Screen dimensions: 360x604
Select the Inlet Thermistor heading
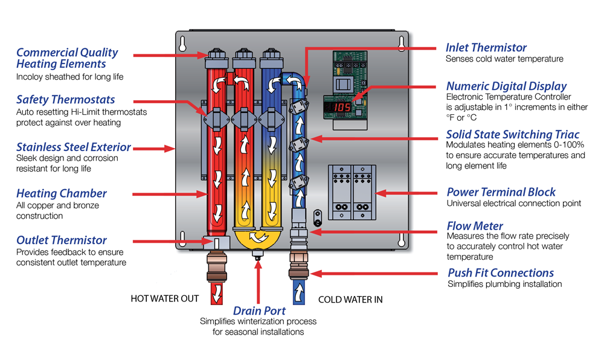[486, 48]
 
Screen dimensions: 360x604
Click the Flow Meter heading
[475, 226]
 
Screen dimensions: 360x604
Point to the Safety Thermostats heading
[65, 99]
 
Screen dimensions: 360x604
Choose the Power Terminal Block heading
[501, 192]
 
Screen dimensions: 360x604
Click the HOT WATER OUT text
[164, 298]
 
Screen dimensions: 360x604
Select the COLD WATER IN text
[350, 299]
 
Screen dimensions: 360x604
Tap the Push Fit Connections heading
[500, 272]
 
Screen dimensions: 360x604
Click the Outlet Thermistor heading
[62, 240]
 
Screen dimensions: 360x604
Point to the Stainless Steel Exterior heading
[74, 147]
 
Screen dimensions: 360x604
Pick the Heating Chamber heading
[62, 194]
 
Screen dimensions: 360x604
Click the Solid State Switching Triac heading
[512, 134]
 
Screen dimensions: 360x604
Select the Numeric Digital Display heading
[506, 86]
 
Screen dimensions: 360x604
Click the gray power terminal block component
[350, 192]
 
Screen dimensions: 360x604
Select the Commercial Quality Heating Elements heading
[67, 58]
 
